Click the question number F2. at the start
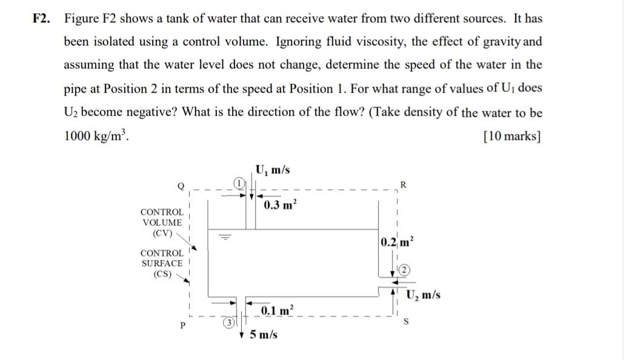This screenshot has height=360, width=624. tap(42, 19)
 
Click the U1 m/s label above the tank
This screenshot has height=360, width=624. tap(272, 170)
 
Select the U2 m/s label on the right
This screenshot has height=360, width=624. tap(423, 295)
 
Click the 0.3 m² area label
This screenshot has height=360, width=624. tap(279, 205)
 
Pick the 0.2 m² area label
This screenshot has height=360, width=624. tap(397, 243)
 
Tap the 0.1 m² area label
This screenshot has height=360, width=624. tap(277, 311)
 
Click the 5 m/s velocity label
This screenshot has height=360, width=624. tap(264, 334)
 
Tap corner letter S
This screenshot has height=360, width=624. tap(406, 321)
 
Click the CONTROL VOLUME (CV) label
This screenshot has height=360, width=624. tap(161, 222)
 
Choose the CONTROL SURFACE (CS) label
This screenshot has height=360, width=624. tap(162, 264)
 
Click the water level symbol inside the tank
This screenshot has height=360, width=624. tap(225, 237)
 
